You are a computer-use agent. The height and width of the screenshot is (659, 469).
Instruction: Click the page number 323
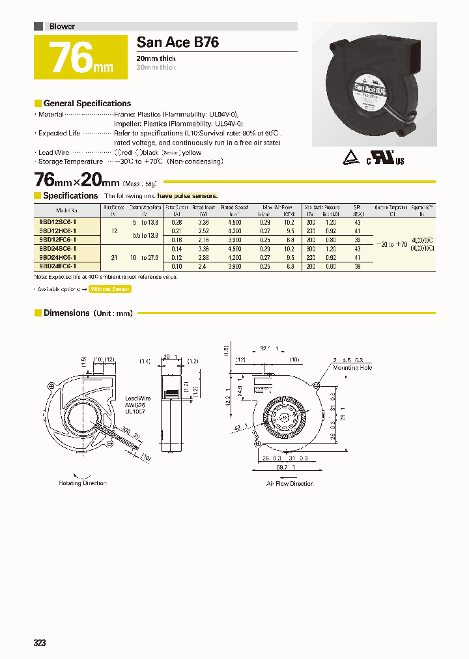[40, 643]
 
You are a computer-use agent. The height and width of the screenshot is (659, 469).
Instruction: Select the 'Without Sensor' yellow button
[110, 289]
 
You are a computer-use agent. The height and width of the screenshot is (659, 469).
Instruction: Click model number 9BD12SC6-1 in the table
[58, 222]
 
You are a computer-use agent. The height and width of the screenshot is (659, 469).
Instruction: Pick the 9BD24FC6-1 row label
[58, 266]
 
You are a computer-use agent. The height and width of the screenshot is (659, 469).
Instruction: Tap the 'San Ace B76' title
[178, 42]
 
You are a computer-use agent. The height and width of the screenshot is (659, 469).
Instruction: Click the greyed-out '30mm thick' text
[156, 68]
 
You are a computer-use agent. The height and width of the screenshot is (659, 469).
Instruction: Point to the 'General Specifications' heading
[87, 104]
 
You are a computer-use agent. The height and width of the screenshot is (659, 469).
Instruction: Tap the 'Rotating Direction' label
[83, 483]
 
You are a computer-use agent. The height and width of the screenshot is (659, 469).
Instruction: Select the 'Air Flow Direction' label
[290, 483]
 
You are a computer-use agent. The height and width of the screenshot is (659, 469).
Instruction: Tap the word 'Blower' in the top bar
[62, 27]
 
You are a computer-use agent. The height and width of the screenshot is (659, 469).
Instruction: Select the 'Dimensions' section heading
[66, 313]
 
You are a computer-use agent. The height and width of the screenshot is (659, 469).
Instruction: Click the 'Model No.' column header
[67, 210]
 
